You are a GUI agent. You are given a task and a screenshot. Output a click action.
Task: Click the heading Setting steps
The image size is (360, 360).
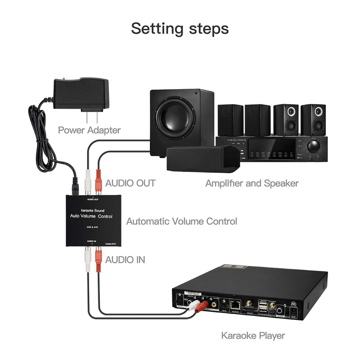180,28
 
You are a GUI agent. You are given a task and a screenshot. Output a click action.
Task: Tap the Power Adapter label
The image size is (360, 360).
89,130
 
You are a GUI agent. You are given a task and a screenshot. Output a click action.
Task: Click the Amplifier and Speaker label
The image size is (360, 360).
252,183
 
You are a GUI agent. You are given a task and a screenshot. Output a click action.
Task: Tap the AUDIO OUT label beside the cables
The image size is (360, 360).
130,183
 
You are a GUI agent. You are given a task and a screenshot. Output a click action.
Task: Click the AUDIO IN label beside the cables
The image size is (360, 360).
125,260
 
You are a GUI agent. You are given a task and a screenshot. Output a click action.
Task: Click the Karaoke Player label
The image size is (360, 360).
253,335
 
